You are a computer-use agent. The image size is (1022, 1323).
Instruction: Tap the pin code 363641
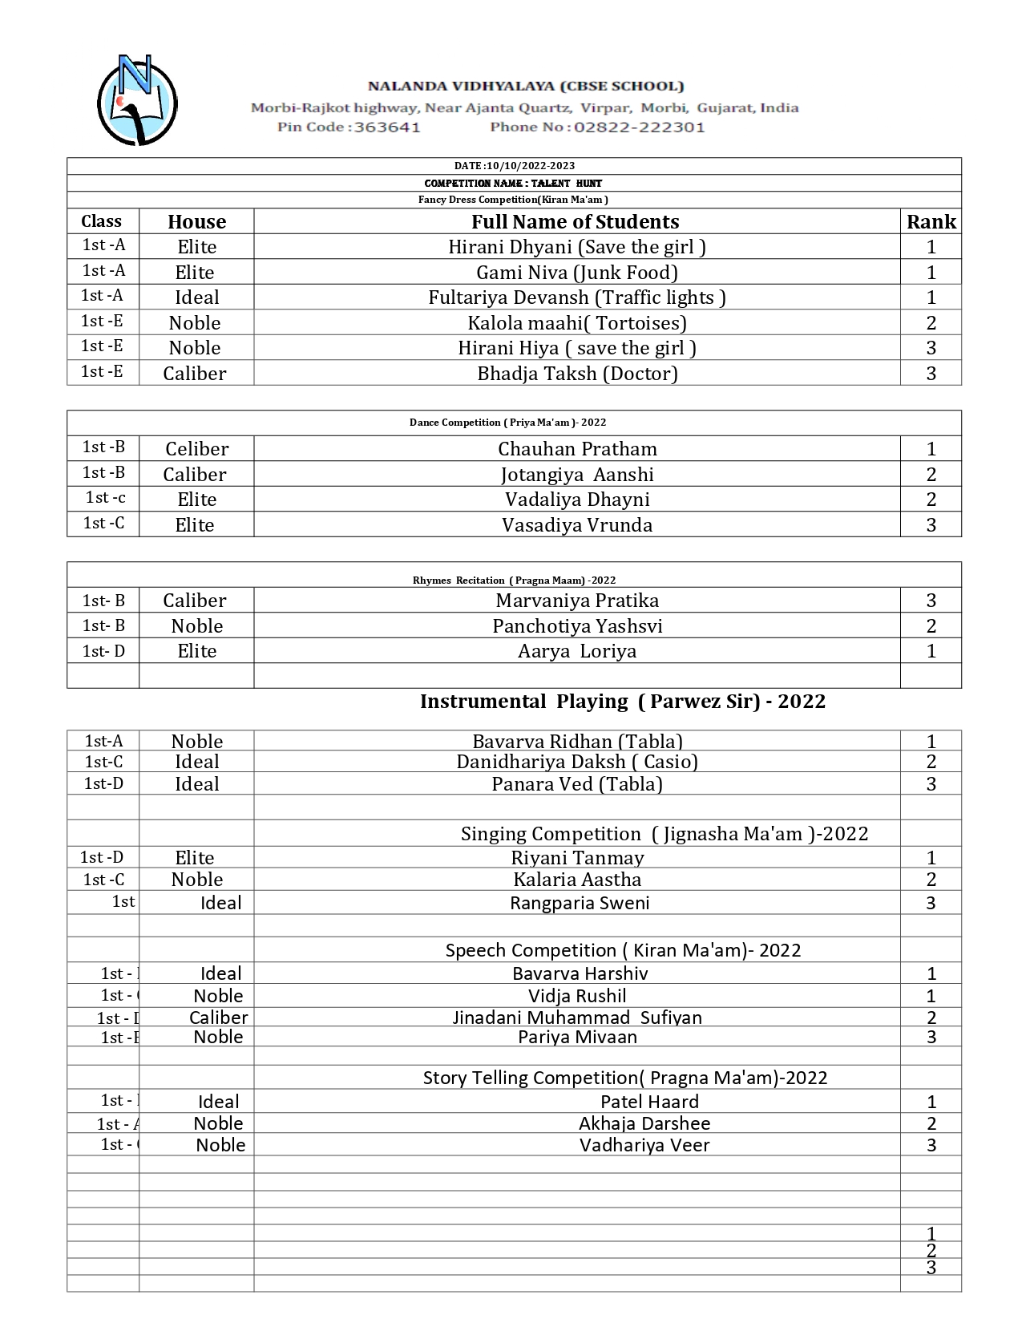click(387, 127)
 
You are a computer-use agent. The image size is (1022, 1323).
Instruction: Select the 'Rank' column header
click(931, 221)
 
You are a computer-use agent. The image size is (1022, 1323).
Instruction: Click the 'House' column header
click(196, 221)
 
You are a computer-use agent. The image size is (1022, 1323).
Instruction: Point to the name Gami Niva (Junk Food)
click(577, 272)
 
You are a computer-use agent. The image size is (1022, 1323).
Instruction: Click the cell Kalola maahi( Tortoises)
click(577, 322)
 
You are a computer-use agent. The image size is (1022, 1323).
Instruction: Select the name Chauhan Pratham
click(577, 448)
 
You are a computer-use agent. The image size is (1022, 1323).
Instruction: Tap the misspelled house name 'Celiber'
click(196, 448)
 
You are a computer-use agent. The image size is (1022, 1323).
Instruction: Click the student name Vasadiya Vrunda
click(577, 524)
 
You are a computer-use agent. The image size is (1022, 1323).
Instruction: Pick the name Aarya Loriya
click(577, 650)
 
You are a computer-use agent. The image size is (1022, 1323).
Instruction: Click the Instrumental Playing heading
click(622, 701)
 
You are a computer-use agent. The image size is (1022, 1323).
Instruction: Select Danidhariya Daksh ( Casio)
click(577, 761)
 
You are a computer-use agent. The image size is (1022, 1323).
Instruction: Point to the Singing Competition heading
click(664, 833)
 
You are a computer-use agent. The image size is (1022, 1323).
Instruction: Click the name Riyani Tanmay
click(577, 857)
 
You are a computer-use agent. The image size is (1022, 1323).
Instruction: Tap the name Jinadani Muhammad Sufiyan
click(577, 1017)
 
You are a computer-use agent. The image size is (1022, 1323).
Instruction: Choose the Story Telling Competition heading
click(624, 1077)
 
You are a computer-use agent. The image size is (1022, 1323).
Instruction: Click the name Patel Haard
click(649, 1101)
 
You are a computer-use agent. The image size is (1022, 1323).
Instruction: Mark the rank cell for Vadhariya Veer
click(931, 1144)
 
